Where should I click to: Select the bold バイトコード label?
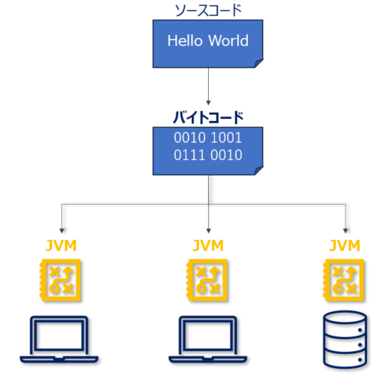coord(207,116)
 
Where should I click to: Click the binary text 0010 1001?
coord(207,139)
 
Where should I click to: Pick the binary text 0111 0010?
coord(207,156)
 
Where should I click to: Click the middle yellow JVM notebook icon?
coord(209,279)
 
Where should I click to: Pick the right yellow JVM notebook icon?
coord(344,279)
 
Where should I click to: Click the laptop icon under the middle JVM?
coord(209,338)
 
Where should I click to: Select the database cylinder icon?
coord(344,338)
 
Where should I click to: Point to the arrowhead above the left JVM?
coord(59,230)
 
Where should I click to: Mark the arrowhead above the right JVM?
coord(345,230)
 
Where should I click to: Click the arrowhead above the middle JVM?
coord(209,230)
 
